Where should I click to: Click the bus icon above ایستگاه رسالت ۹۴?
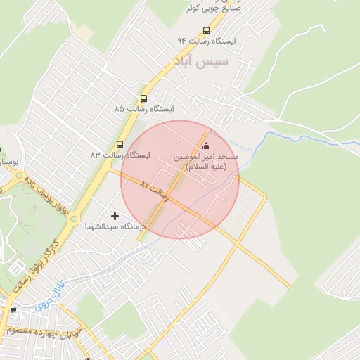(x=206, y=30)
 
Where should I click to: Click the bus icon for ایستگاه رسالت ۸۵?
(x=143, y=99)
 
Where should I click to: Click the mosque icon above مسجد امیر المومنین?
(x=206, y=146)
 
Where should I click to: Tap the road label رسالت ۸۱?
(x=155, y=191)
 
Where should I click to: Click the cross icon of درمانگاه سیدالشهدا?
(x=115, y=215)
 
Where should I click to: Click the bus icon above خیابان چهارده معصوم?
(x=13, y=310)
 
